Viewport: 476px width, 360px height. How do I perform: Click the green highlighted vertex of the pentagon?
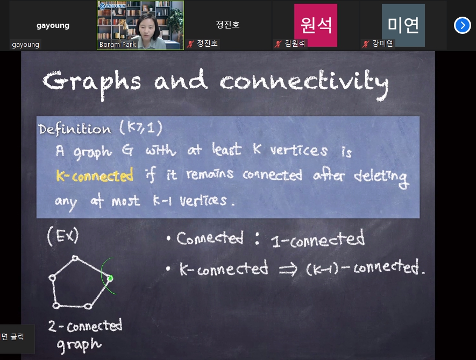coord(110,278)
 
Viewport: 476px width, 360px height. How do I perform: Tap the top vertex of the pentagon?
coord(75,258)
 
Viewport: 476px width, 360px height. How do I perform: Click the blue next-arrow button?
coord(462,25)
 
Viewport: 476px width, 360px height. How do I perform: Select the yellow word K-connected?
coord(95,175)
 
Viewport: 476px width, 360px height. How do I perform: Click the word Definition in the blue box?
coord(75,129)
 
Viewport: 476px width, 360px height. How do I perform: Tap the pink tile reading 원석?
coord(316,25)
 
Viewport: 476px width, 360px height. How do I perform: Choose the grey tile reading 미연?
coord(403,25)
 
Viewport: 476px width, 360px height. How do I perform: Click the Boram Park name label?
coord(117,44)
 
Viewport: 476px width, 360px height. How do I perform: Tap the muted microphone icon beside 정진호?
coord(190,44)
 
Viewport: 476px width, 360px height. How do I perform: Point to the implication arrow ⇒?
coord(288,269)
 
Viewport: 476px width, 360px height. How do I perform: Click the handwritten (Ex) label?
coord(63,236)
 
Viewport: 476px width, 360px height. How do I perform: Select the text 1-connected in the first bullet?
coord(317,239)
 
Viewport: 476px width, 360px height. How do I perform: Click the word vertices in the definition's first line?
coord(299,150)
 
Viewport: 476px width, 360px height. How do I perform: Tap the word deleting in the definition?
coord(381,178)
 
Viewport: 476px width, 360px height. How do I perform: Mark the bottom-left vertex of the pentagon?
coord(56,305)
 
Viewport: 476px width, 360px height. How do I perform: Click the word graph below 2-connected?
coord(79,345)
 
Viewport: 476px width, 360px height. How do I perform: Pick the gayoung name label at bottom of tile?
coord(25,45)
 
